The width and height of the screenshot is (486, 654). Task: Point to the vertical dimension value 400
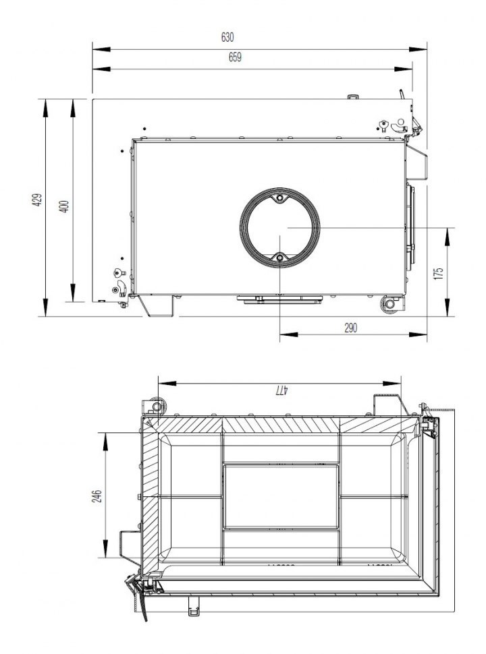64,206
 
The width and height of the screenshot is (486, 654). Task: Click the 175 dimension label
438,273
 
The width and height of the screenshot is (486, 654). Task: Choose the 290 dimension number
350,327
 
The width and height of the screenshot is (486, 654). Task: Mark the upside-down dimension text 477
281,390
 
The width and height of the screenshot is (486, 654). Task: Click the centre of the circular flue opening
280,229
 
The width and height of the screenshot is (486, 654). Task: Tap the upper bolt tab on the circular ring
280,199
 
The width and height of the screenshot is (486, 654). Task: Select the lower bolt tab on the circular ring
280,258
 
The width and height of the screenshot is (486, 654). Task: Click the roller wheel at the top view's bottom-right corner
390,304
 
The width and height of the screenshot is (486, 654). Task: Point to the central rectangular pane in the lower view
281,496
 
